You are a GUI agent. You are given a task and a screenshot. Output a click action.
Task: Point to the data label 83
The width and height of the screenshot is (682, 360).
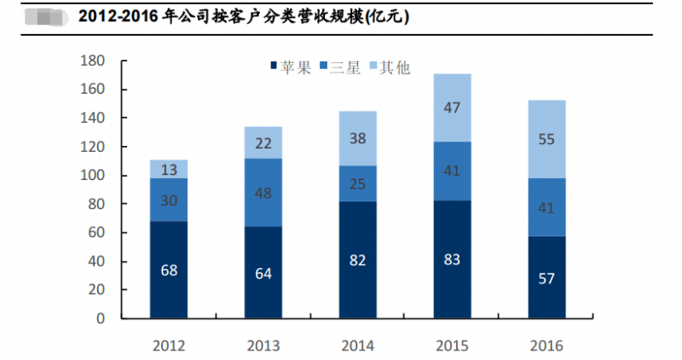(452, 258)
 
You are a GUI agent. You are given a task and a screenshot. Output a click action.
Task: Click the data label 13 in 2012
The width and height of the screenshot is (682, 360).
(169, 169)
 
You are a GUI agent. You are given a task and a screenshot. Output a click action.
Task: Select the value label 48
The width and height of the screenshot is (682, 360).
(263, 192)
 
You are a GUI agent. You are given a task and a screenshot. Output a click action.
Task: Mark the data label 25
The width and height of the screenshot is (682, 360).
(357, 183)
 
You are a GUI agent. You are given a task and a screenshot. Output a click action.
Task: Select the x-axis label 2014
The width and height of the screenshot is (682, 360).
(357, 345)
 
